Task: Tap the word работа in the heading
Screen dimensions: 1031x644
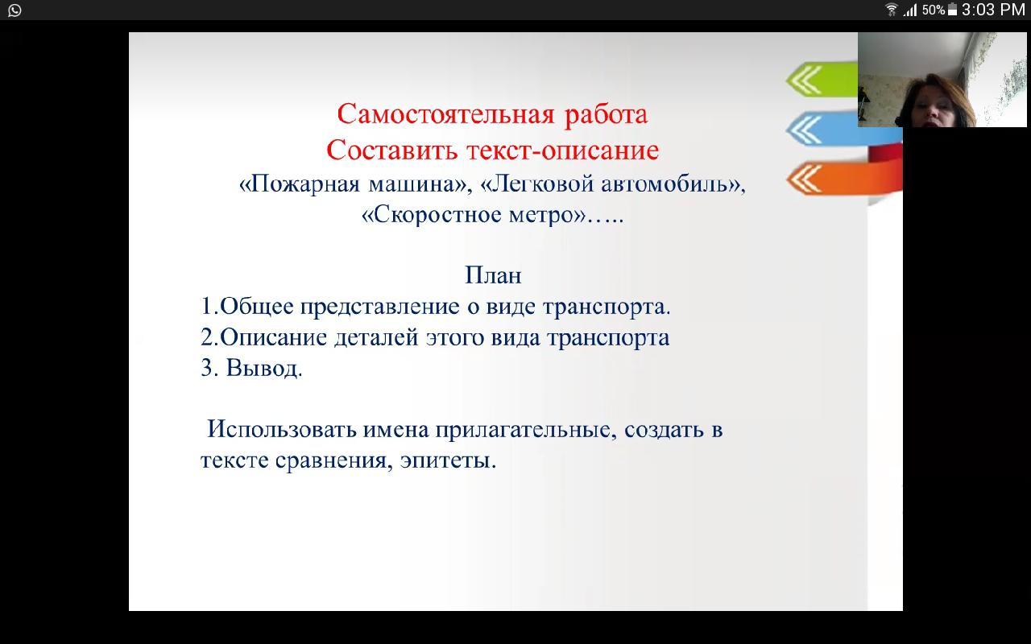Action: pyautogui.click(x=607, y=114)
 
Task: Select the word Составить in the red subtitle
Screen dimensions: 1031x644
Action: pyautogui.click(x=391, y=150)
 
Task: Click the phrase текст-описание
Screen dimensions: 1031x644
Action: pyautogui.click(x=562, y=151)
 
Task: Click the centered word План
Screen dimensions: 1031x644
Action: pyautogui.click(x=493, y=275)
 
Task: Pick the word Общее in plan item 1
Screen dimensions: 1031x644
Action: pyautogui.click(x=256, y=306)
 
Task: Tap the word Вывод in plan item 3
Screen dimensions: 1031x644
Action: pyautogui.click(x=264, y=368)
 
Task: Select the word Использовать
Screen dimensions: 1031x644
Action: pyautogui.click(x=282, y=429)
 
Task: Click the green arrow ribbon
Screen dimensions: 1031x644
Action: pyautogui.click(x=822, y=79)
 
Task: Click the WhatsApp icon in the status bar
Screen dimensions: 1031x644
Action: pyautogui.click(x=14, y=10)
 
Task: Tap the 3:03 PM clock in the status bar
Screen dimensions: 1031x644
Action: pyautogui.click(x=993, y=10)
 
